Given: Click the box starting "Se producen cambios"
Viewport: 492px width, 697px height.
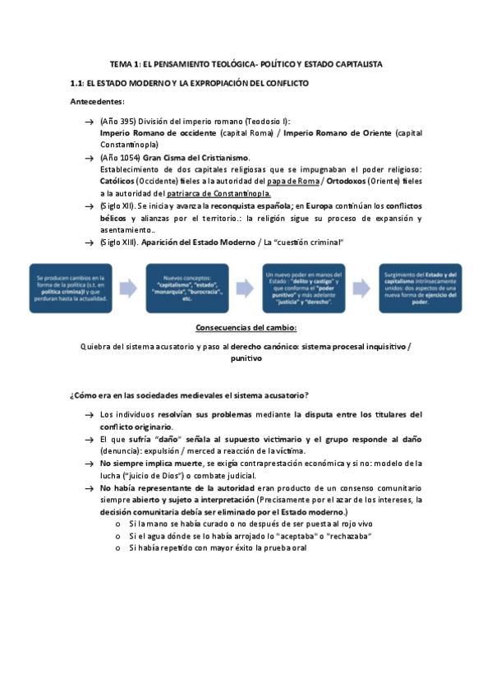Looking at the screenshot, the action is [x=70, y=288].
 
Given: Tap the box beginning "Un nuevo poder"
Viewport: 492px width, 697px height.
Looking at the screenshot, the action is [x=303, y=288].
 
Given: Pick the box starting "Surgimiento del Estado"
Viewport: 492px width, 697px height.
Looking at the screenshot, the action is [x=420, y=288].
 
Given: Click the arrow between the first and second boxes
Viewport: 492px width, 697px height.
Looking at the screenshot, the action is [x=128, y=288].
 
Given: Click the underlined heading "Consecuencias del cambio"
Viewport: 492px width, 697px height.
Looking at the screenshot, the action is [x=246, y=328].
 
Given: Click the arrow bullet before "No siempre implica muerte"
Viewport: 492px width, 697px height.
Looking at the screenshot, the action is [x=88, y=464].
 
